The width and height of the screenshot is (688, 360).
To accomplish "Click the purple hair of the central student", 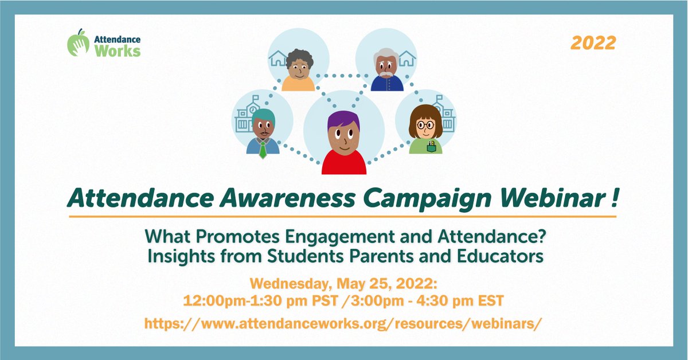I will [343, 120].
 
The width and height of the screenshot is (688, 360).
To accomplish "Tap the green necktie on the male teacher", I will [262, 150].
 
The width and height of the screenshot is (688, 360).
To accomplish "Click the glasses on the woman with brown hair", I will [425, 125].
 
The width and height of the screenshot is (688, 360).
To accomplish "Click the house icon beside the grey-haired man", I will [406, 58].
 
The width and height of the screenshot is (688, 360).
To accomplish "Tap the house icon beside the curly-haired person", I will [277, 58].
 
